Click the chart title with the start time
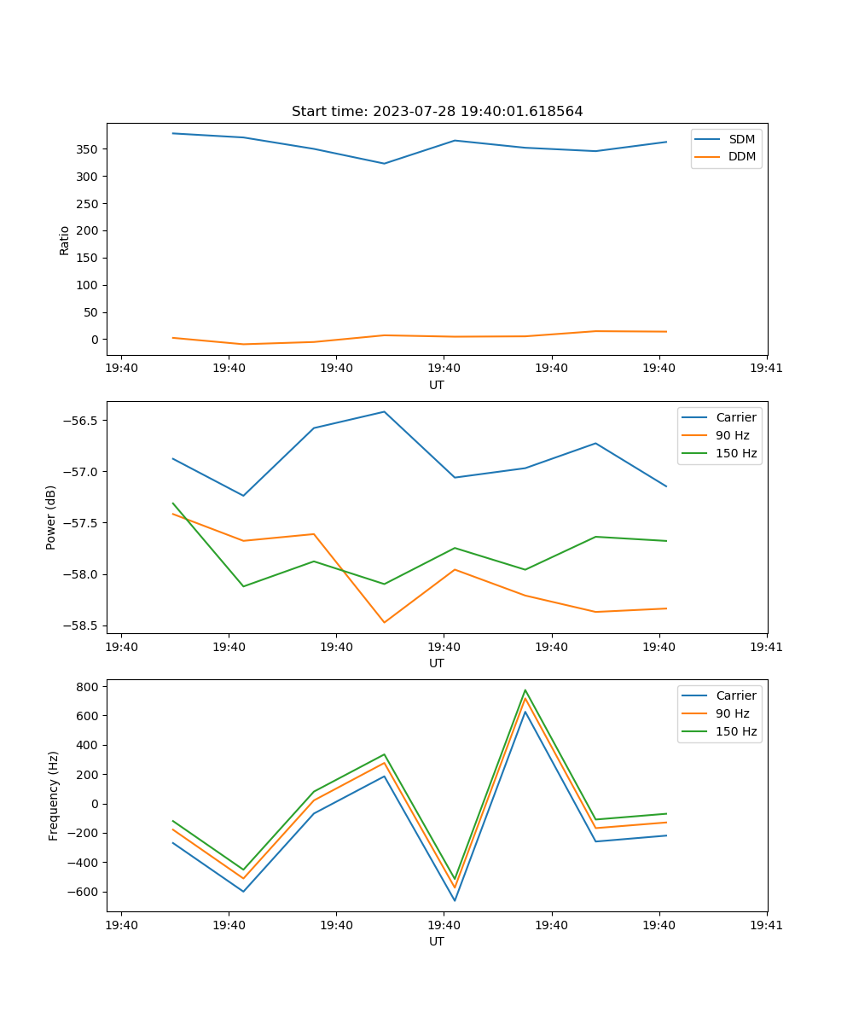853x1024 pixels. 437,112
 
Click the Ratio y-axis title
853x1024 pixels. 65,240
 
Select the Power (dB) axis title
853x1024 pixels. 52,517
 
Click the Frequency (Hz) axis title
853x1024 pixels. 54,795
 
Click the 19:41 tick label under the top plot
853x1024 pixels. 767,369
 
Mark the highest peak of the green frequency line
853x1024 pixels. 525,690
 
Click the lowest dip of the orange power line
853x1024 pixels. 384,622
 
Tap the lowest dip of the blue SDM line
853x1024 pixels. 384,163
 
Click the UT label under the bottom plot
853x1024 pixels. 437,941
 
